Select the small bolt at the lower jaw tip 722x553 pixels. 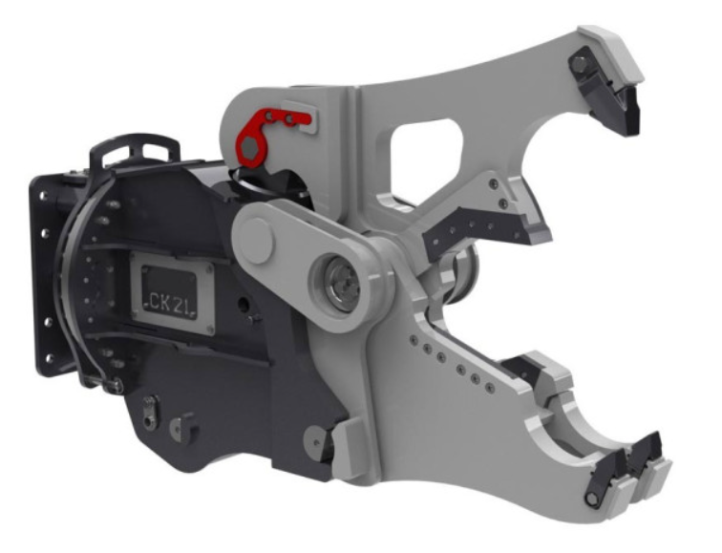coord(591,500)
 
